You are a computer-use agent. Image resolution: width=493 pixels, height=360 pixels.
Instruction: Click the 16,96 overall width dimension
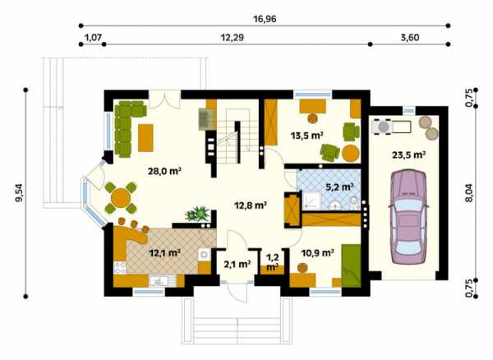(x=265, y=19)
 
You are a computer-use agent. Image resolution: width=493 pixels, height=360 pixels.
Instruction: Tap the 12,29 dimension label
(x=232, y=38)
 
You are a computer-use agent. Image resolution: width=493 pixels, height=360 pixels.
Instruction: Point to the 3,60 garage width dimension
(x=410, y=38)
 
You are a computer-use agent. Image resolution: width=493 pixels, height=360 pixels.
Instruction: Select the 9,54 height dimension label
(x=20, y=192)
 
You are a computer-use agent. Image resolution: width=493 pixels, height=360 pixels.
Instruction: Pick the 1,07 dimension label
(x=94, y=38)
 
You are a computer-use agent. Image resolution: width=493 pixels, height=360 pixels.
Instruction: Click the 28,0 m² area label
(x=165, y=171)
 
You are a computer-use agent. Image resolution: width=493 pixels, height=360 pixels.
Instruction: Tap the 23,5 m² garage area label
(x=408, y=155)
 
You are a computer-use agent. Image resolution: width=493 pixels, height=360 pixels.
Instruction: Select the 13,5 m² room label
(x=307, y=136)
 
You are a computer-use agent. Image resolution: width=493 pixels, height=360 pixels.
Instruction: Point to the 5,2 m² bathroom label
(x=339, y=187)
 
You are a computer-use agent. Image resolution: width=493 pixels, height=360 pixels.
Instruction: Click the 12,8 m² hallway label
(x=251, y=205)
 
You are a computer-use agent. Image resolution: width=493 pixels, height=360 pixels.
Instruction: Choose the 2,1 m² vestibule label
(x=237, y=264)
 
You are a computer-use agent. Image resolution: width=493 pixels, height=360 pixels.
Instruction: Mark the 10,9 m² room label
(x=317, y=252)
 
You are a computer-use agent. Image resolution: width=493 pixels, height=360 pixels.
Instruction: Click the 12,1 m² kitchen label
(x=164, y=252)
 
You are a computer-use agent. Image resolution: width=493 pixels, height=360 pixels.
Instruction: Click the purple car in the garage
(x=408, y=217)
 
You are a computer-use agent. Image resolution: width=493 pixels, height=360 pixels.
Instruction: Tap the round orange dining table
(x=121, y=198)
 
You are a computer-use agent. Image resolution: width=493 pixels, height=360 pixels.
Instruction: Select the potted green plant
(x=197, y=214)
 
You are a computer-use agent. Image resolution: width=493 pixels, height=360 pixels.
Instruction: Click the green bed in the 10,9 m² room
(x=351, y=265)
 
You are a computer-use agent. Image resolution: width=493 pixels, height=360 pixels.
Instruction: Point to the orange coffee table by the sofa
(x=145, y=138)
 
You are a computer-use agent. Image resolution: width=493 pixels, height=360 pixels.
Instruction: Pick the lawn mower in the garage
(x=391, y=127)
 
